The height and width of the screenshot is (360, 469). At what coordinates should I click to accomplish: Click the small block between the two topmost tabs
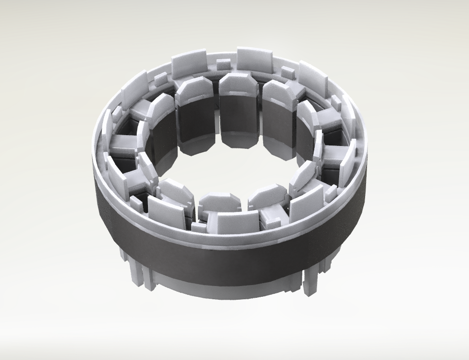click(223, 65)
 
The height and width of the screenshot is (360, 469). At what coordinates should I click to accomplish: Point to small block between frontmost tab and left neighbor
click(198, 227)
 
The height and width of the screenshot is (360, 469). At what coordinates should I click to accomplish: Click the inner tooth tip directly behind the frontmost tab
click(220, 201)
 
